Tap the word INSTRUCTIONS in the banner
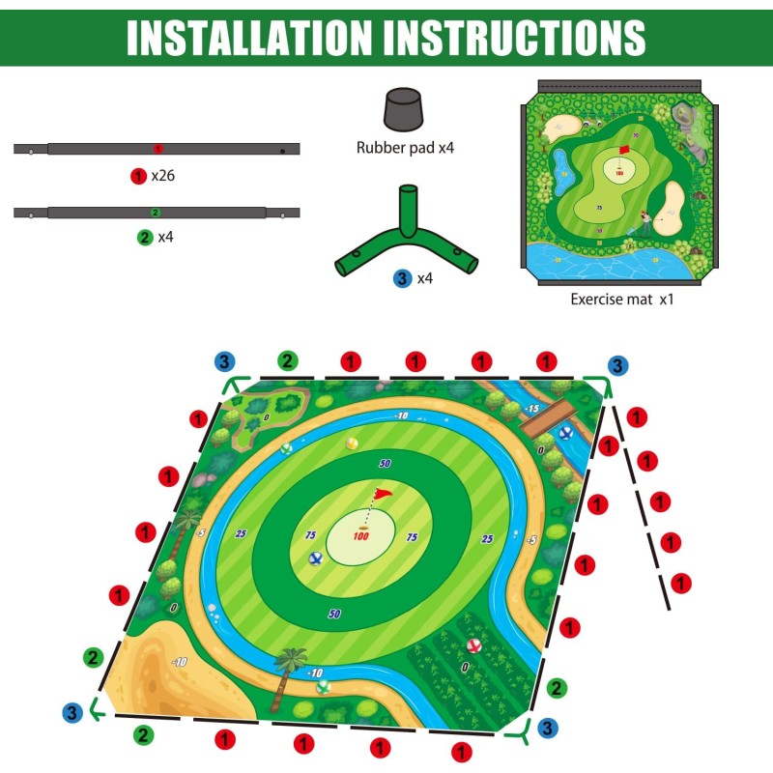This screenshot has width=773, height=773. click(x=514, y=37)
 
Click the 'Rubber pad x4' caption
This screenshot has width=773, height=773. click(x=404, y=148)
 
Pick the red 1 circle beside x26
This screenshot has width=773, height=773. click(x=137, y=176)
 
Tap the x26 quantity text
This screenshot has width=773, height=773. click(x=162, y=176)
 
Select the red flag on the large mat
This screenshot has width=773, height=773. click(x=382, y=496)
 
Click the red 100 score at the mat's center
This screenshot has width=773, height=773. click(x=360, y=536)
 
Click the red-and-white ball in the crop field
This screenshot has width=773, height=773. click(x=473, y=645)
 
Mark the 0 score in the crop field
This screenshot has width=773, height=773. click(x=465, y=667)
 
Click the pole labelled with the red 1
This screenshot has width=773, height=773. click(x=157, y=149)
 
